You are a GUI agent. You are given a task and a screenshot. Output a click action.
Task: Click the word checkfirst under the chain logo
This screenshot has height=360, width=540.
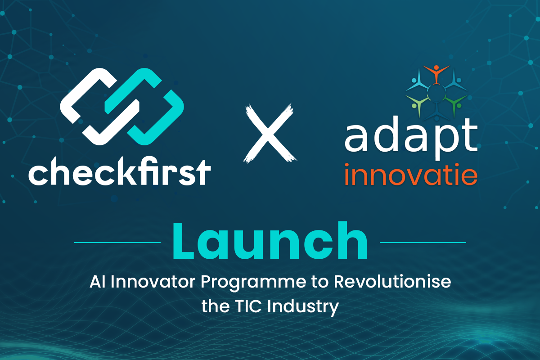tap(120, 171)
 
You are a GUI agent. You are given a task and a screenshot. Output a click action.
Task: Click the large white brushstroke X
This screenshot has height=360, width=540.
tap(270, 133)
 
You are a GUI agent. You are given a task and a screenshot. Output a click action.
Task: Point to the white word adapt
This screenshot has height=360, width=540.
tap(411, 138)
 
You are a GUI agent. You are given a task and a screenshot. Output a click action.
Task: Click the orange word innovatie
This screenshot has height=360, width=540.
tap(411, 175)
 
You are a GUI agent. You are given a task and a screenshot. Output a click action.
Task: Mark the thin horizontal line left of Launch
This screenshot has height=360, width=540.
tap(117, 243)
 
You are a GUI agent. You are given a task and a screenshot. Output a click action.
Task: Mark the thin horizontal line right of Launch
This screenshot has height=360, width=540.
tap(423, 243)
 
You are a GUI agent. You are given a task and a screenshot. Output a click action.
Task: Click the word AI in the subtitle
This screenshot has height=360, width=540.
tap(97, 282)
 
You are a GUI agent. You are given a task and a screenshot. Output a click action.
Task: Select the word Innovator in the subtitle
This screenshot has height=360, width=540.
tap(153, 282)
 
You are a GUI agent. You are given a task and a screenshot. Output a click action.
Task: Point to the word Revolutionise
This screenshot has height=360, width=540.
tap(392, 281)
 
